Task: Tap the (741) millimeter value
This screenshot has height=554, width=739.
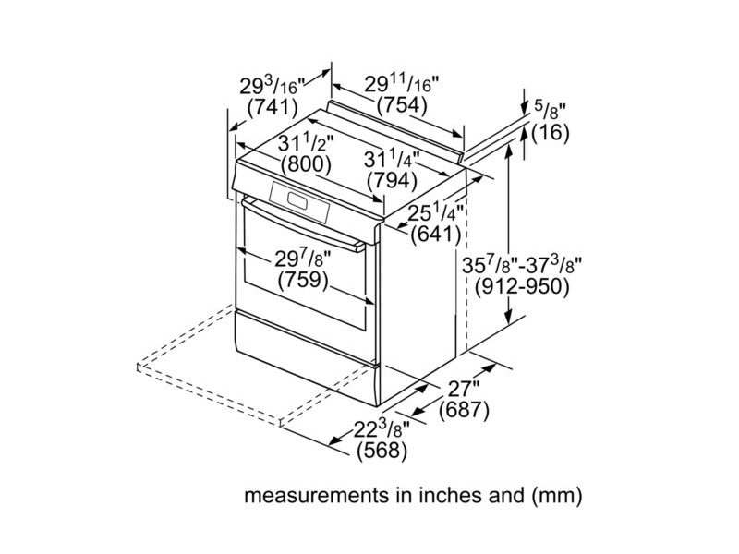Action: (x=273, y=108)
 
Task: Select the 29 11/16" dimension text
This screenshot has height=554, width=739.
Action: (x=401, y=85)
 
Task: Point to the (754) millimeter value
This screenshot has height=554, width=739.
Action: (x=401, y=105)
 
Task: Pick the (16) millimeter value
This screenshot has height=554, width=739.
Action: (x=551, y=133)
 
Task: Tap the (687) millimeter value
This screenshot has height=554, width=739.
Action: (x=463, y=411)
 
